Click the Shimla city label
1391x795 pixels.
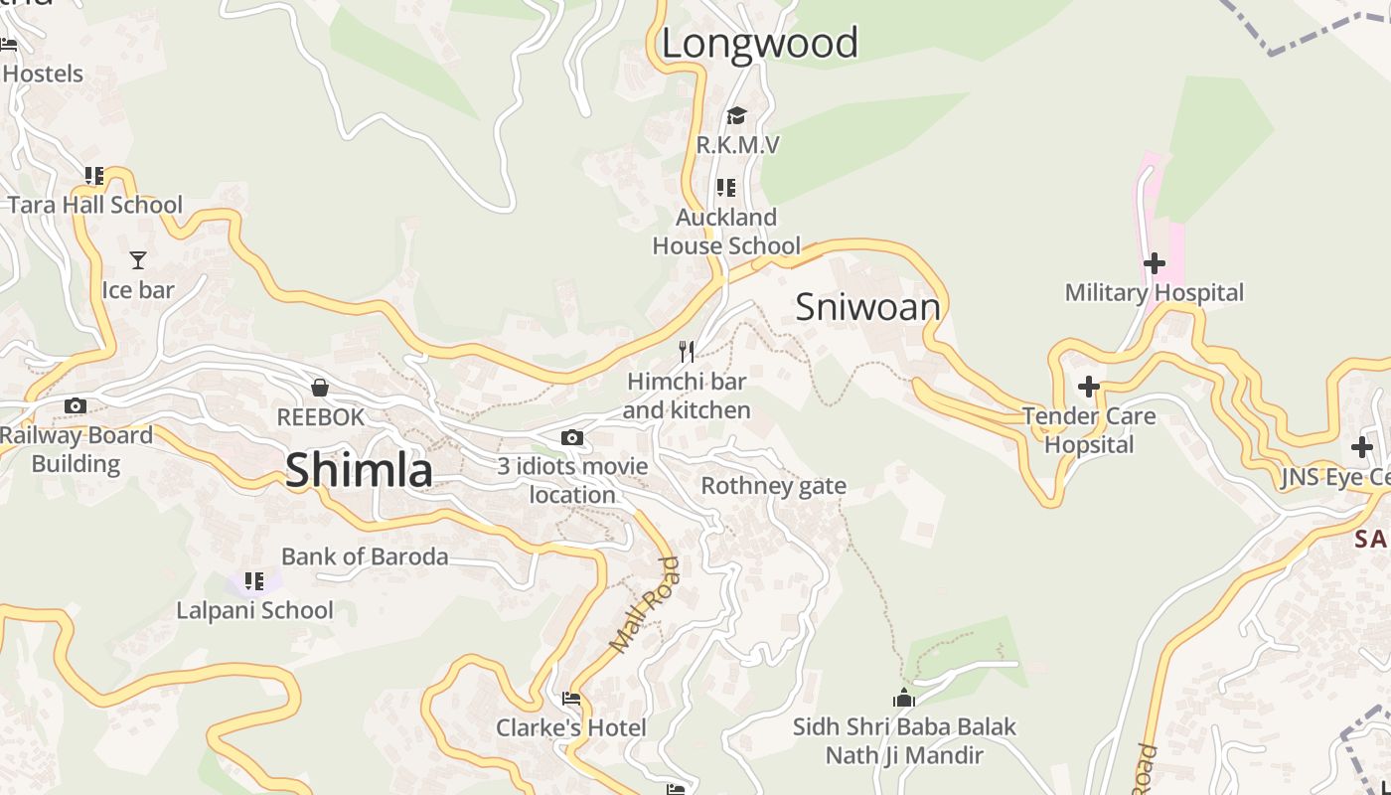tap(359, 470)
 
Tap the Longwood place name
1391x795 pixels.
tap(759, 44)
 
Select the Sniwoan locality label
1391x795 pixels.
tap(867, 307)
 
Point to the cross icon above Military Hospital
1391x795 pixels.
tap(1154, 263)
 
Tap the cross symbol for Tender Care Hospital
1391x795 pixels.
tap(1089, 386)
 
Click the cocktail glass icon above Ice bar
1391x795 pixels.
tap(138, 260)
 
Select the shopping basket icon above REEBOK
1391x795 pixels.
tap(320, 387)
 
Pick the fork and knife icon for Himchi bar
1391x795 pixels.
tap(686, 351)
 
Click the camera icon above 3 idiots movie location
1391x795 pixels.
tap(571, 437)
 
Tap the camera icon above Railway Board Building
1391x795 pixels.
tap(76, 405)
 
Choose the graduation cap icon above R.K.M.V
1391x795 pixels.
tap(736, 116)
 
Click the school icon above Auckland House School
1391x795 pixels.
tap(726, 187)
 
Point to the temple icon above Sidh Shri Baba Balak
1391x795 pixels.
tap(903, 698)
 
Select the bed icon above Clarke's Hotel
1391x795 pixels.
tap(571, 699)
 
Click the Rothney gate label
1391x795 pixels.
tap(773, 486)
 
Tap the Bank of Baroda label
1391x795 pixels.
tap(365, 556)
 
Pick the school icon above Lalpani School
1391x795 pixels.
tap(254, 580)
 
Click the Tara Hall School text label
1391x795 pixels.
tap(95, 206)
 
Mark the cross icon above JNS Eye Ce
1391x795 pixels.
tap(1361, 448)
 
